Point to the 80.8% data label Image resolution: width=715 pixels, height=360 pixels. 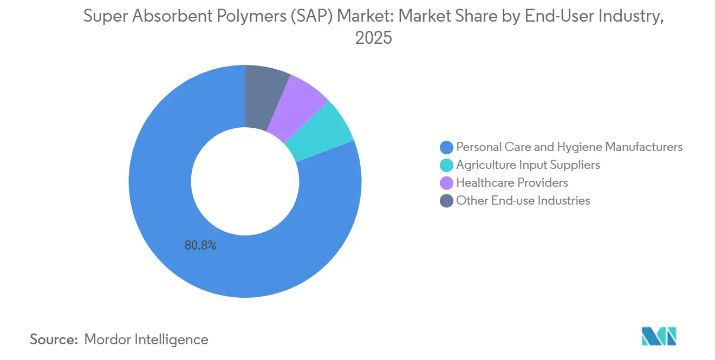(200, 245)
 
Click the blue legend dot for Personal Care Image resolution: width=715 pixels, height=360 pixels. (447, 147)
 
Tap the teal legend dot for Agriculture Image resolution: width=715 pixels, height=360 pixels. (447, 165)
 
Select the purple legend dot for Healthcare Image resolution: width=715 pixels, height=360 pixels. (447, 182)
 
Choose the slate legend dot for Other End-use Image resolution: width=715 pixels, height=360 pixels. (447, 200)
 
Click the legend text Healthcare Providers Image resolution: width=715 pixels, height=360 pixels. (512, 182)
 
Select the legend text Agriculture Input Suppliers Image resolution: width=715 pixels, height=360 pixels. (528, 165)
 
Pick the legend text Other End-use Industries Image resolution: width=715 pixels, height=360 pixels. (523, 200)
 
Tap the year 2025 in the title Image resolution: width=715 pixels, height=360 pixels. (373, 38)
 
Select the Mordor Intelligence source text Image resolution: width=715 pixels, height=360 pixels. (146, 339)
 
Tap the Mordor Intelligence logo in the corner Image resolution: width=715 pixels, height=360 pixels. (659, 336)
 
